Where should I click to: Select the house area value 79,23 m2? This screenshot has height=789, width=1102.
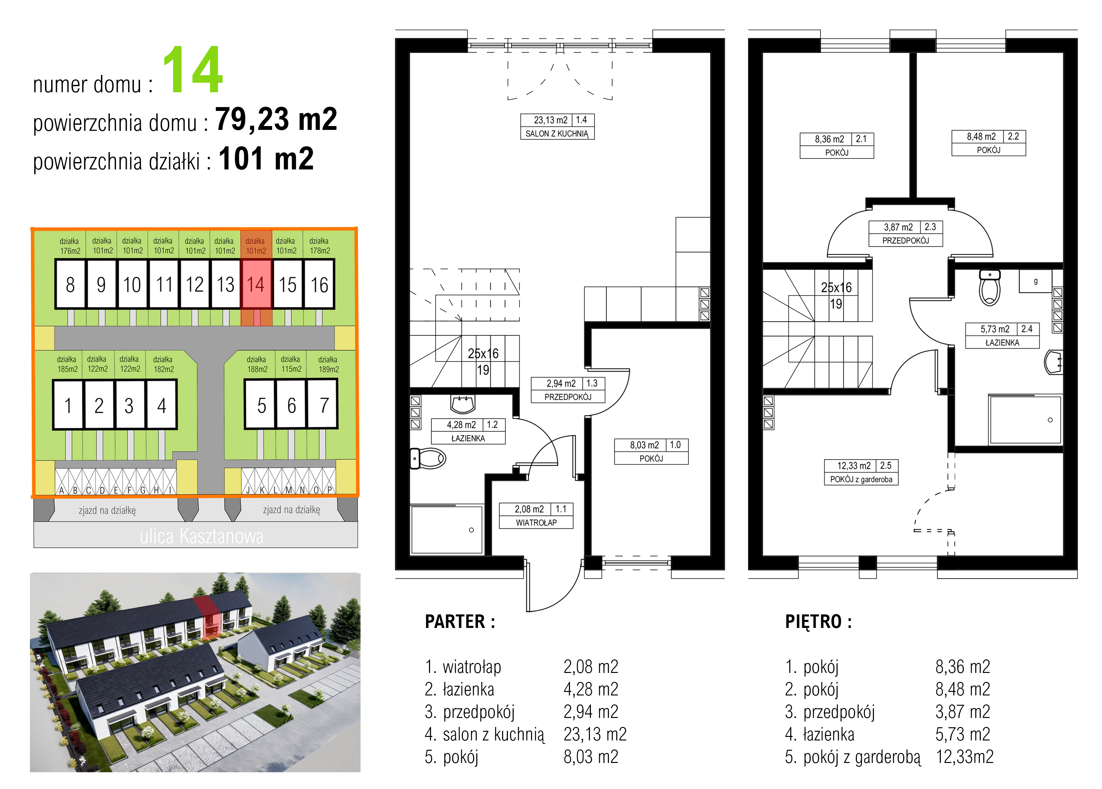click(x=276, y=119)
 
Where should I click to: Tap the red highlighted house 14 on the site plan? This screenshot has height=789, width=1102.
click(x=256, y=284)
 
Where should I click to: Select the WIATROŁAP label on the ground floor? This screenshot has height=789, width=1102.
click(x=537, y=522)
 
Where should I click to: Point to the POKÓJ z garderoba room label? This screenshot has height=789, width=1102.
click(x=861, y=479)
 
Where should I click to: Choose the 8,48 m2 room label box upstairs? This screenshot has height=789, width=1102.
click(x=988, y=143)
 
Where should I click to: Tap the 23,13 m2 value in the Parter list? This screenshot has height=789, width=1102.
click(x=595, y=734)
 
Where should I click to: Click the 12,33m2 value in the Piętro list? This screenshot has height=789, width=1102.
click(x=965, y=757)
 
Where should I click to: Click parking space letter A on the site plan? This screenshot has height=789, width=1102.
click(x=62, y=490)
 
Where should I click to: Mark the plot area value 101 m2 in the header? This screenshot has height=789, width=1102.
click(x=266, y=159)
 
